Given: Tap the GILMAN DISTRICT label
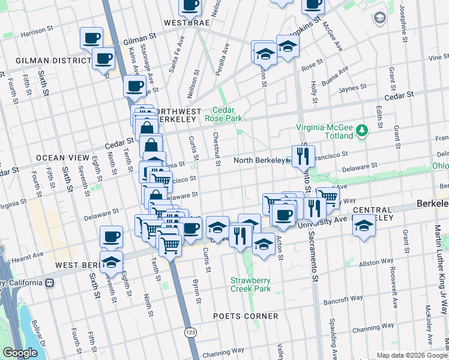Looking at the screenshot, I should click(x=53, y=61).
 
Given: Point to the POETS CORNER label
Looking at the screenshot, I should click(x=246, y=316).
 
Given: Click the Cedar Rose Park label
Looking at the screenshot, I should click(x=228, y=114).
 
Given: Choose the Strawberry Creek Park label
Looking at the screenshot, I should click(x=250, y=284).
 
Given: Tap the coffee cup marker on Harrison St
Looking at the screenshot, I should click(x=92, y=38).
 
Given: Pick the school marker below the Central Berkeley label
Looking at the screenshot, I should click(x=363, y=226).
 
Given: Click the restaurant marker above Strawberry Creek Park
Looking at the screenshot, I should click(x=240, y=234).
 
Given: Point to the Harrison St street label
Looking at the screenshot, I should click(x=37, y=34).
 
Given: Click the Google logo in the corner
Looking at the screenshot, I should click(x=20, y=353).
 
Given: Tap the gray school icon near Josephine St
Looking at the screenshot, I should click(x=379, y=18).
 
